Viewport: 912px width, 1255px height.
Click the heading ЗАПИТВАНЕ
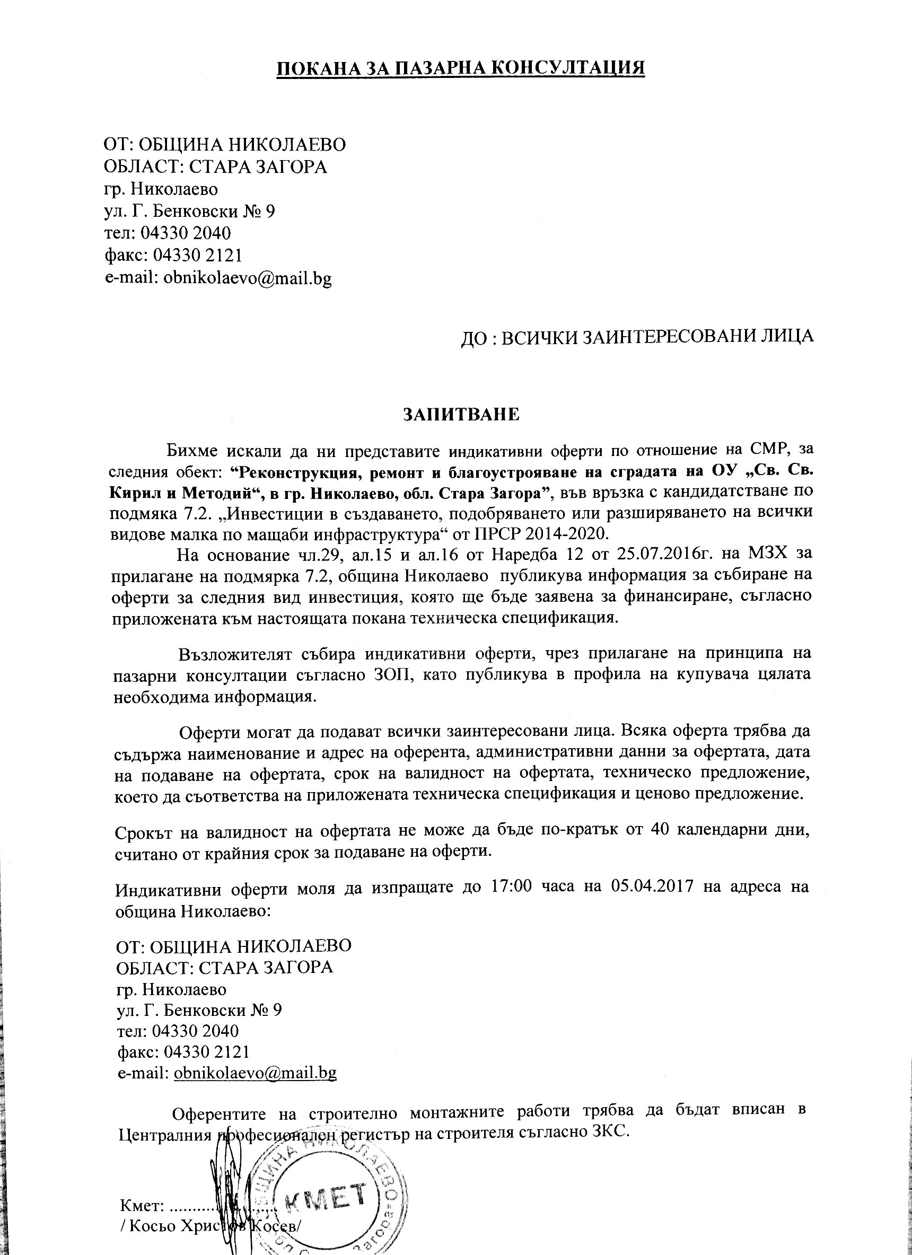point(461,415)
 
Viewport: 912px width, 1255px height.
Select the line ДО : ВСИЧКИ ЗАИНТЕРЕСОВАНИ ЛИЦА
point(637,337)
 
